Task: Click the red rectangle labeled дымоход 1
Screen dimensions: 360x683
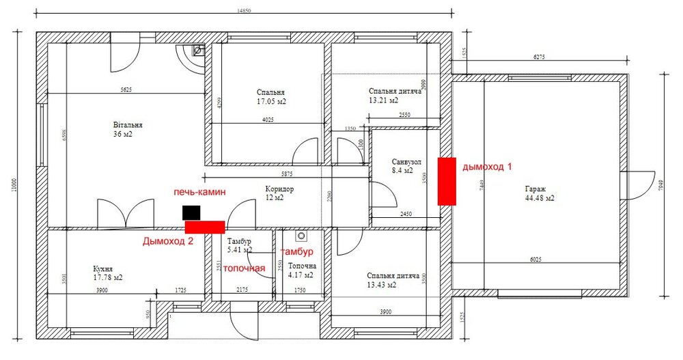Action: tap(447, 180)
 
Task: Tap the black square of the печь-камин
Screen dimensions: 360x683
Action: tap(191, 212)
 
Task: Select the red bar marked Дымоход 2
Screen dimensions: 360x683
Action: tap(205, 226)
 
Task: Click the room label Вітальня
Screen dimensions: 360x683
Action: tap(128, 125)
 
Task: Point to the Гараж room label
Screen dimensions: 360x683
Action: tap(535, 189)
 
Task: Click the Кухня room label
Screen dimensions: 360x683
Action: tap(103, 268)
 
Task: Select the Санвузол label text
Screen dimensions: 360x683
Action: tap(406, 162)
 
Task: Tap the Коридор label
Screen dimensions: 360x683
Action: tap(279, 189)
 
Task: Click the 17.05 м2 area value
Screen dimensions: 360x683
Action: tap(271, 101)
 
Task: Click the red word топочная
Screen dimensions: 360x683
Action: tap(244, 268)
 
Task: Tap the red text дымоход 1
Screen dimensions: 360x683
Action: tap(486, 167)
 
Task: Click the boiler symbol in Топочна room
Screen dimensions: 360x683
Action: tap(299, 236)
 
